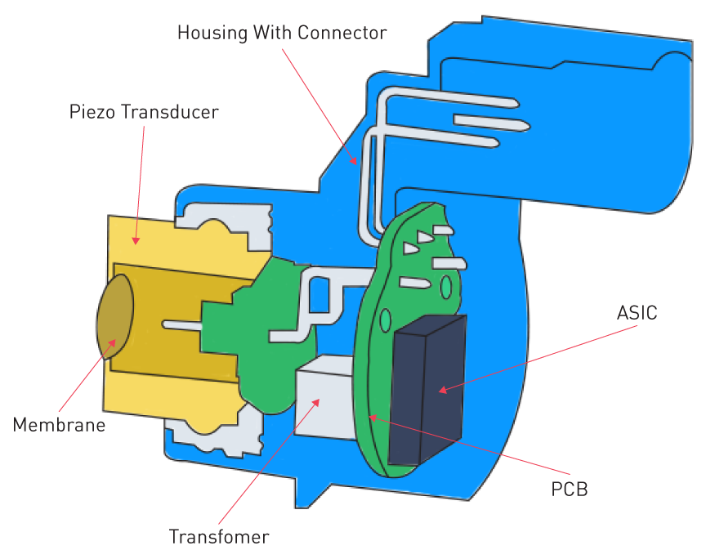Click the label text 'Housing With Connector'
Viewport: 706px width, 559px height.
282,34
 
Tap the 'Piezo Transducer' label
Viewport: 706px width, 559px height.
144,112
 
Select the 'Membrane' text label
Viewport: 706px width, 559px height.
59,425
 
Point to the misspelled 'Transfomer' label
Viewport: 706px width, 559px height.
219,537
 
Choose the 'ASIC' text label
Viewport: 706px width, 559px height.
637,313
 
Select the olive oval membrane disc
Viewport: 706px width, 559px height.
115,316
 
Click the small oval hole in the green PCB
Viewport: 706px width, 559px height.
446,287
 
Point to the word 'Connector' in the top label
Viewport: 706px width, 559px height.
342,34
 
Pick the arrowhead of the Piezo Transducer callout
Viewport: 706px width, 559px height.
136,243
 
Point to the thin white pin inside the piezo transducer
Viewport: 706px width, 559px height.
182,324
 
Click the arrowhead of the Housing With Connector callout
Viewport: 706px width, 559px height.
354,163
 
